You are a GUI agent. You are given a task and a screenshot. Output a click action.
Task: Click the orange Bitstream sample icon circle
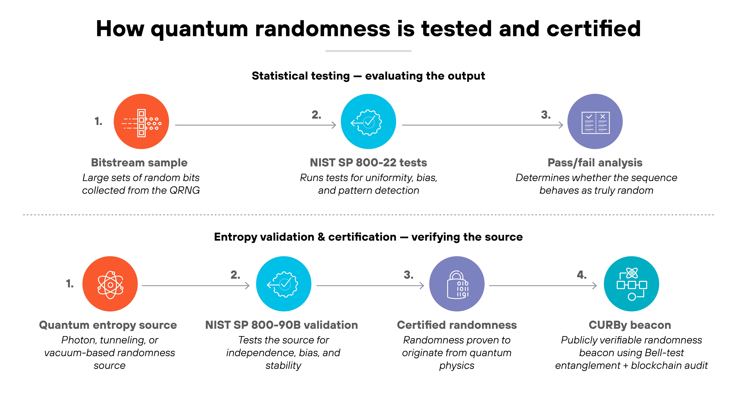[141, 121]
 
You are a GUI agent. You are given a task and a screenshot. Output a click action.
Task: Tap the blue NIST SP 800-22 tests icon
[368, 121]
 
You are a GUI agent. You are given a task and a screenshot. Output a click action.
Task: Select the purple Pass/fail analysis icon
[595, 121]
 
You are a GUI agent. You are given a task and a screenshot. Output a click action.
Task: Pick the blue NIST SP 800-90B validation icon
[284, 284]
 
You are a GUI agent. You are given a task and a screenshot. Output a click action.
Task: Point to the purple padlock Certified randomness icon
[457, 284]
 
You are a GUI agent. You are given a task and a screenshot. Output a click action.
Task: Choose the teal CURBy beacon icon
[631, 284]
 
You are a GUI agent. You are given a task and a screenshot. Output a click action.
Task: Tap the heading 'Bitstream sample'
[139, 163]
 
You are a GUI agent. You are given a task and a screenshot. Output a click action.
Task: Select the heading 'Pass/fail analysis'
[595, 163]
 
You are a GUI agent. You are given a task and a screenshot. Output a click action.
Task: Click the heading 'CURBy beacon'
[630, 325]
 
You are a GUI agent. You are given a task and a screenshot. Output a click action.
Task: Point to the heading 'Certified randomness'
[457, 325]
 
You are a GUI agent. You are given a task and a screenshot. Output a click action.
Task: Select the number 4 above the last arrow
[581, 275]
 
